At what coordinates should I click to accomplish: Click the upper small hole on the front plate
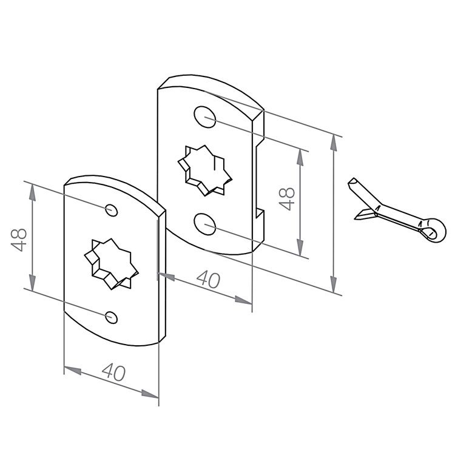(111, 210)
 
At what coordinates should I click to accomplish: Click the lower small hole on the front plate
(111, 317)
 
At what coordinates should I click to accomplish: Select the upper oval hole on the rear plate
(205, 116)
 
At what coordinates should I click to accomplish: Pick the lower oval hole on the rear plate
(205, 224)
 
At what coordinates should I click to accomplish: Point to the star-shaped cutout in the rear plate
(205, 170)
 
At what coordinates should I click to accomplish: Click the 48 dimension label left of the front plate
(19, 240)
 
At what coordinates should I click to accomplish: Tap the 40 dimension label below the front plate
(114, 372)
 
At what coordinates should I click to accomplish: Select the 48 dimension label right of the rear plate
(287, 198)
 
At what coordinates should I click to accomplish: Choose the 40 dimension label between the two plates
(208, 279)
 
